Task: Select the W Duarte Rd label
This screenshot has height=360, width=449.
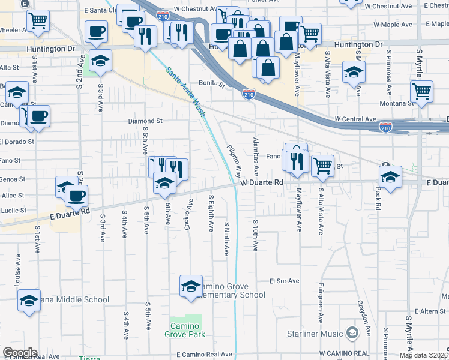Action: point(262,182)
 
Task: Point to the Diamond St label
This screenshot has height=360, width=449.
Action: point(145,121)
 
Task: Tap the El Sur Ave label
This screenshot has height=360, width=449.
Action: point(284,280)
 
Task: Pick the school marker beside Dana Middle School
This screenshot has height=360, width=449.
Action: point(28,300)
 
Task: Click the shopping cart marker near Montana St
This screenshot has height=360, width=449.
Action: point(422,92)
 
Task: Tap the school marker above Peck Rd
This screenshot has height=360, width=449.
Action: point(390,176)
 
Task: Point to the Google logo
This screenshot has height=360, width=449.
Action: point(19,352)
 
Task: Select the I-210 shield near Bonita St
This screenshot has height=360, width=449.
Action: point(249,94)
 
